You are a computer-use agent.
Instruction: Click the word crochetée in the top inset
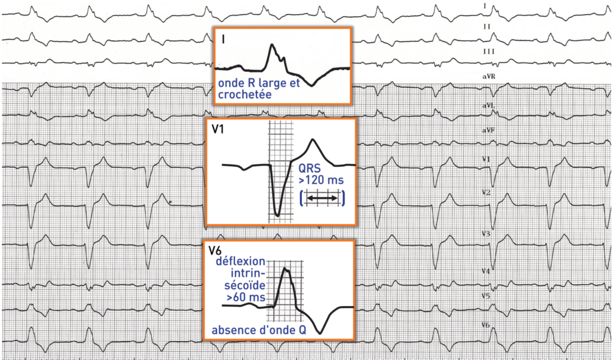coord(245,94)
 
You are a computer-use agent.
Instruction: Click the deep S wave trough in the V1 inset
coord(277,212)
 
